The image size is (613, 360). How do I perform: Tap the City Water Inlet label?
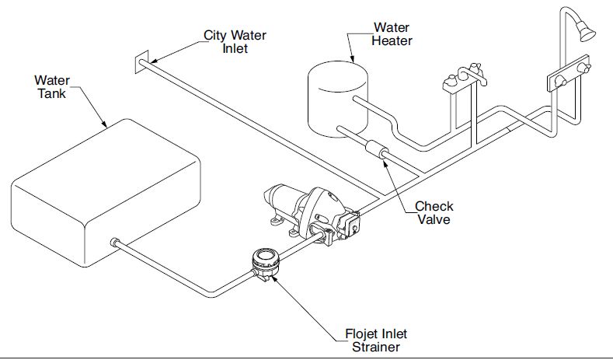tap(236, 42)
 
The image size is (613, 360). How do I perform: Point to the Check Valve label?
tap(434, 212)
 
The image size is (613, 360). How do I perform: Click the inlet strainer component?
tap(266, 261)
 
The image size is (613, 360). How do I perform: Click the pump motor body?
tap(291, 201)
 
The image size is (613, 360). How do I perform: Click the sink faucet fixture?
tap(461, 79)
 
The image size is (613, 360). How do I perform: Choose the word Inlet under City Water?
tap(235, 48)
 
